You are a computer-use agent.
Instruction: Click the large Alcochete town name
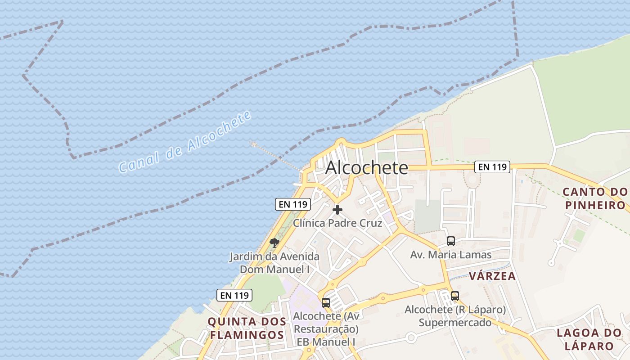(x=366, y=168)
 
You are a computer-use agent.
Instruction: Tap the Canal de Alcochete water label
(x=184, y=142)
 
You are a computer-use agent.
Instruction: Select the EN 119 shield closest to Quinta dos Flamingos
(x=234, y=295)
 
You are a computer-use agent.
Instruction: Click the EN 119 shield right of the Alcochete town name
(x=492, y=167)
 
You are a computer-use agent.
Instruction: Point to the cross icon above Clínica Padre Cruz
(x=337, y=210)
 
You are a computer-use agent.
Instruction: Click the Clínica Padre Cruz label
(x=337, y=223)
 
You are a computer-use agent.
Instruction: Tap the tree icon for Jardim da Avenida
(x=274, y=243)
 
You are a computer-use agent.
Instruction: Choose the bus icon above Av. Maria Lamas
(x=451, y=241)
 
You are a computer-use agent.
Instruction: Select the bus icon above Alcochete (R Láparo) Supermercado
(x=455, y=296)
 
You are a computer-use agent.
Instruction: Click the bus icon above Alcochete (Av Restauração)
(x=326, y=303)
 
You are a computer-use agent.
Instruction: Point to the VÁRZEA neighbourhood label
(x=492, y=276)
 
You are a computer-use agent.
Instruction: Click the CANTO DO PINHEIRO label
(x=595, y=198)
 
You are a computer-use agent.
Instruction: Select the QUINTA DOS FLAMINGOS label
(x=247, y=328)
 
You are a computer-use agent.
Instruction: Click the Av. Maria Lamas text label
(x=451, y=255)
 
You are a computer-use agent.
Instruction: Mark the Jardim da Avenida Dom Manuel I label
(x=274, y=263)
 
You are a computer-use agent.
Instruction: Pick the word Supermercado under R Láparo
(x=455, y=323)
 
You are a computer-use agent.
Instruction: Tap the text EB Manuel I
(x=326, y=342)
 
